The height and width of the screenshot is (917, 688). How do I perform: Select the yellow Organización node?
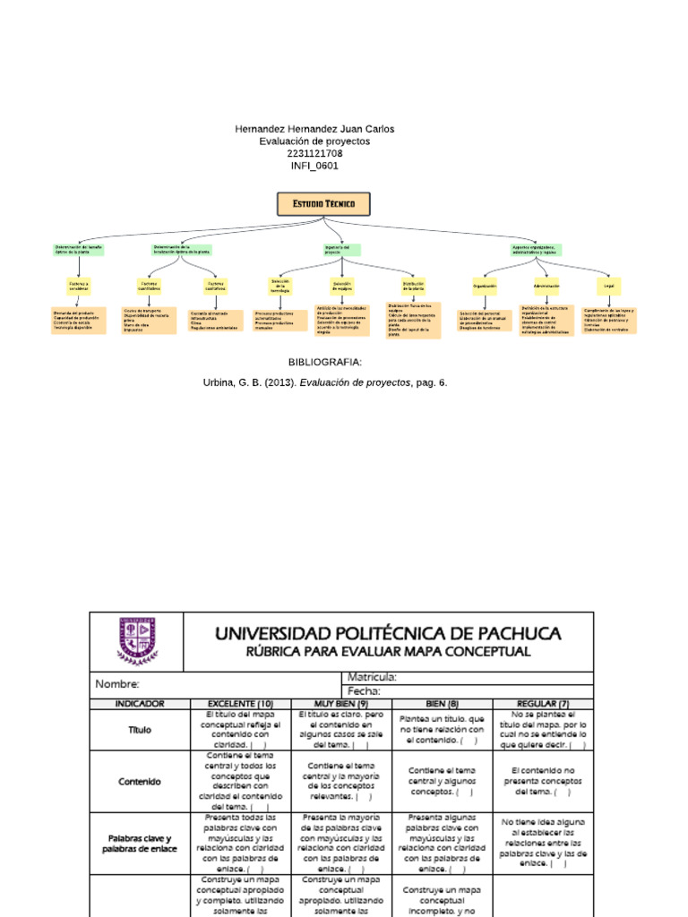pos(485,287)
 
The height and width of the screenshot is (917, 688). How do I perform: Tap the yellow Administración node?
pos(546,287)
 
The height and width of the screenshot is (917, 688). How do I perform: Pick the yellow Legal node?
pos(609,287)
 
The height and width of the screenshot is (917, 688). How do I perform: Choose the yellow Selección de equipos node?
pos(342,286)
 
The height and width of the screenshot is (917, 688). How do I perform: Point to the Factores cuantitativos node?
pos(150,286)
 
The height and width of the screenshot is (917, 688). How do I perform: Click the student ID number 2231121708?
pos(314,153)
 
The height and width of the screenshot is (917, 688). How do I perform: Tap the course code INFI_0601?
pos(314,166)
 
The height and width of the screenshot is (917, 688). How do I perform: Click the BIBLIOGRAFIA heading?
pos(324,362)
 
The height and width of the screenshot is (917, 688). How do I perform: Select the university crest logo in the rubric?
pos(137,640)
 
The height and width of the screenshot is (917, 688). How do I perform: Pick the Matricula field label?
pos(372,678)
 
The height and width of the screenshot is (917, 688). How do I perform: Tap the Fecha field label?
pos(364,691)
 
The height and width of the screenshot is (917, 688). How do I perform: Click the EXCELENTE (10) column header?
pos(240,704)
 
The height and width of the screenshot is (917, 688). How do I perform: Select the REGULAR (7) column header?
pos(543,704)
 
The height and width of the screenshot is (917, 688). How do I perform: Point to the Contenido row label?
pos(140,781)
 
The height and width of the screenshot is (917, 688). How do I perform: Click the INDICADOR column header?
pos(140,704)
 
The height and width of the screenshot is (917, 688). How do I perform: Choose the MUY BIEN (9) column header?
pos(341,704)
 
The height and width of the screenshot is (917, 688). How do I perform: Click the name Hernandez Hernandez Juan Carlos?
pos(314,129)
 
